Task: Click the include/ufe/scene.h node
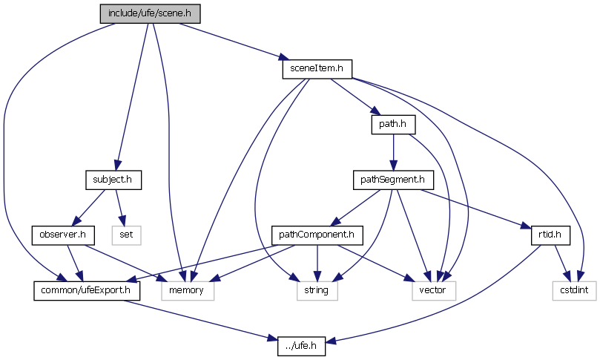coord(150,13)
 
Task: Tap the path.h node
coord(392,124)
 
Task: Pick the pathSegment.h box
coord(392,179)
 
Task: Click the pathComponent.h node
coord(317,235)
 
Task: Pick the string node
coord(317,290)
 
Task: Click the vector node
coord(433,290)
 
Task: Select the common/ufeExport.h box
coord(86,290)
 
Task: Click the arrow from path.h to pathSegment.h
coord(392,151)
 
